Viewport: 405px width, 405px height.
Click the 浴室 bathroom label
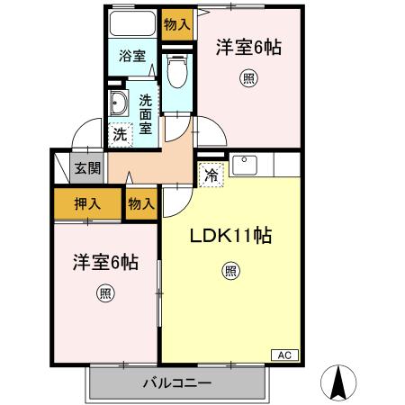132,56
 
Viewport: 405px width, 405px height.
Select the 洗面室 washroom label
144,113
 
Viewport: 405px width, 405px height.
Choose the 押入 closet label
86,204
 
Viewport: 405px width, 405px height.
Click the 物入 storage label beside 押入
141,204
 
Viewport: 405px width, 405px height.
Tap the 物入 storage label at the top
176,24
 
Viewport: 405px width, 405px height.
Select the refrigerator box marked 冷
211,175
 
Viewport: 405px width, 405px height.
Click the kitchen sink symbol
245,166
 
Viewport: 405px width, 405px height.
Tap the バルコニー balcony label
177,383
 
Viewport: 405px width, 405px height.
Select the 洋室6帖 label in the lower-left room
105,263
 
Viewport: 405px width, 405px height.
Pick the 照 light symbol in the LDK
230,270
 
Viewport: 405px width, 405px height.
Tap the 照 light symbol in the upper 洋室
247,78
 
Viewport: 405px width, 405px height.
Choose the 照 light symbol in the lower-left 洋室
105,292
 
